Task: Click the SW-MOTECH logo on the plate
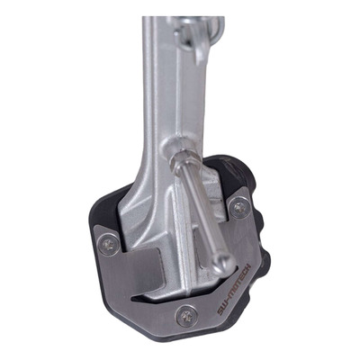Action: [234, 289]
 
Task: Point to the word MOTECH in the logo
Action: [239, 282]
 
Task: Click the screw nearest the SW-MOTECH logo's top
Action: [240, 208]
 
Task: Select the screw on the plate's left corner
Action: [109, 245]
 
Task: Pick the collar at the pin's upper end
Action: [184, 162]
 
